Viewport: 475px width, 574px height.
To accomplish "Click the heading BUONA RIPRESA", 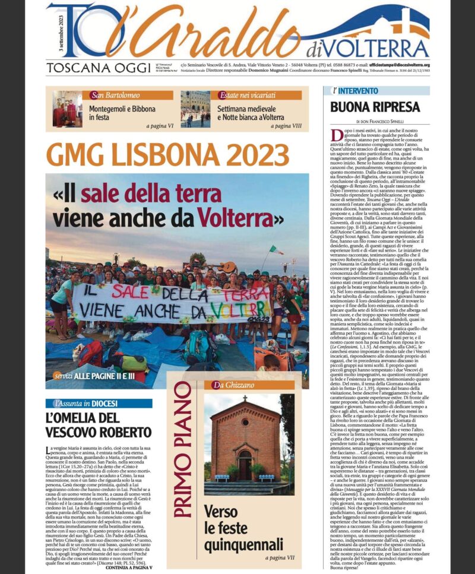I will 367,107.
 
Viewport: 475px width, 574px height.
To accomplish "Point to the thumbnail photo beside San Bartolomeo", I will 67,109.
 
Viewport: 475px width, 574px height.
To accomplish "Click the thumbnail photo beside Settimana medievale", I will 195,109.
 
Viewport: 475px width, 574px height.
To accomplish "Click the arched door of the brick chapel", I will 245,462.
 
